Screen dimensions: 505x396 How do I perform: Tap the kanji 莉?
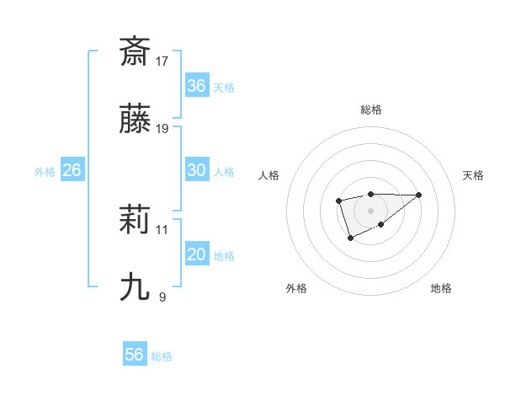[135, 220]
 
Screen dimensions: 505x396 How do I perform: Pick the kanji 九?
[135, 287]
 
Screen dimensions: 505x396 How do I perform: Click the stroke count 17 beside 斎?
[162, 61]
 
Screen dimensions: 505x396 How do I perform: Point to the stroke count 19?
[162, 128]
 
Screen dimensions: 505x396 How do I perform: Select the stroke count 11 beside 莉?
[162, 229]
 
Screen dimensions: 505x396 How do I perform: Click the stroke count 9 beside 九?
[162, 297]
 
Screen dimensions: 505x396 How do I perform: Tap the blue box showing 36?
[196, 85]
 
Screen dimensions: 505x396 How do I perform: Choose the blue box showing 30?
[196, 169]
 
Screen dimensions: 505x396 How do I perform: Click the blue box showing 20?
[196, 254]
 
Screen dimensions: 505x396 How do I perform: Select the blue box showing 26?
[72, 170]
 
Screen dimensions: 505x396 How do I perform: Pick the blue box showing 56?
[135, 355]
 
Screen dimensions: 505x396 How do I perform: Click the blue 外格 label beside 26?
[45, 172]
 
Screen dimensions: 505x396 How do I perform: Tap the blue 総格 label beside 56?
[162, 356]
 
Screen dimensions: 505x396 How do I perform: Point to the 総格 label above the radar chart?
[370, 110]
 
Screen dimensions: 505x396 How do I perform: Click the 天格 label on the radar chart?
[473, 175]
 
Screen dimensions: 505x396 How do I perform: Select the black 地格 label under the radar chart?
[441, 288]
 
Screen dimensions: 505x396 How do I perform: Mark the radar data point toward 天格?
[419, 195]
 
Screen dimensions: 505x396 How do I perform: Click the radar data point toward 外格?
[350, 238]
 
